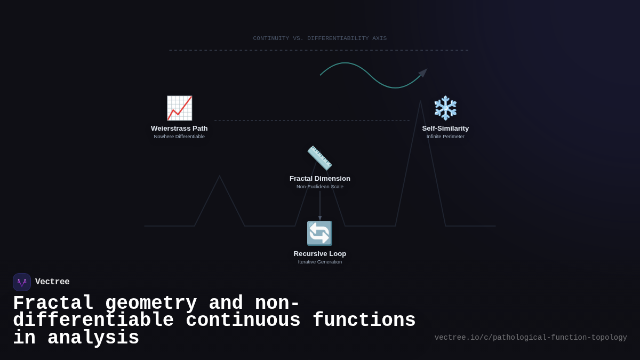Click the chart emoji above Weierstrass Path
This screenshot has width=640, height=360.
click(x=179, y=108)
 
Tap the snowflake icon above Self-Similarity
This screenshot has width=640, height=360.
click(x=445, y=108)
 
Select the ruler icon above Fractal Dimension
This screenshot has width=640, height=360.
click(x=320, y=158)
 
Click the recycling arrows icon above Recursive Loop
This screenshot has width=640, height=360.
click(x=319, y=234)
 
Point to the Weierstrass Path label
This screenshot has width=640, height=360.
click(x=179, y=129)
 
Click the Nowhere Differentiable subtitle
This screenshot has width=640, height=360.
click(x=179, y=137)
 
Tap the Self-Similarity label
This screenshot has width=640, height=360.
click(x=445, y=129)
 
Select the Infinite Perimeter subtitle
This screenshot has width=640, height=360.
click(x=445, y=137)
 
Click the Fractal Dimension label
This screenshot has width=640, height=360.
click(x=320, y=179)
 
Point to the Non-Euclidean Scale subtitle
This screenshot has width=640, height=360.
click(x=320, y=187)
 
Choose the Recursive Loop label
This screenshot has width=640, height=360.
click(x=320, y=254)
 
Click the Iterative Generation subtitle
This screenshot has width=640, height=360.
click(x=320, y=262)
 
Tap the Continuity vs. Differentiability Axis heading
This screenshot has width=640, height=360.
click(x=320, y=38)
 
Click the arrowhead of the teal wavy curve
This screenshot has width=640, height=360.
click(x=423, y=73)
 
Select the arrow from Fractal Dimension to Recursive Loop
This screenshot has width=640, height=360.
click(x=320, y=205)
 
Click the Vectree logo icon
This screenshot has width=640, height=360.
click(x=22, y=282)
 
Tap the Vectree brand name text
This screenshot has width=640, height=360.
click(x=52, y=282)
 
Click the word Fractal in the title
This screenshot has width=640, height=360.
click(x=53, y=303)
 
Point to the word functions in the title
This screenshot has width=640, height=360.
click(x=364, y=321)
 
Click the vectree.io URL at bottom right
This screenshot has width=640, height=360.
click(x=531, y=338)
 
